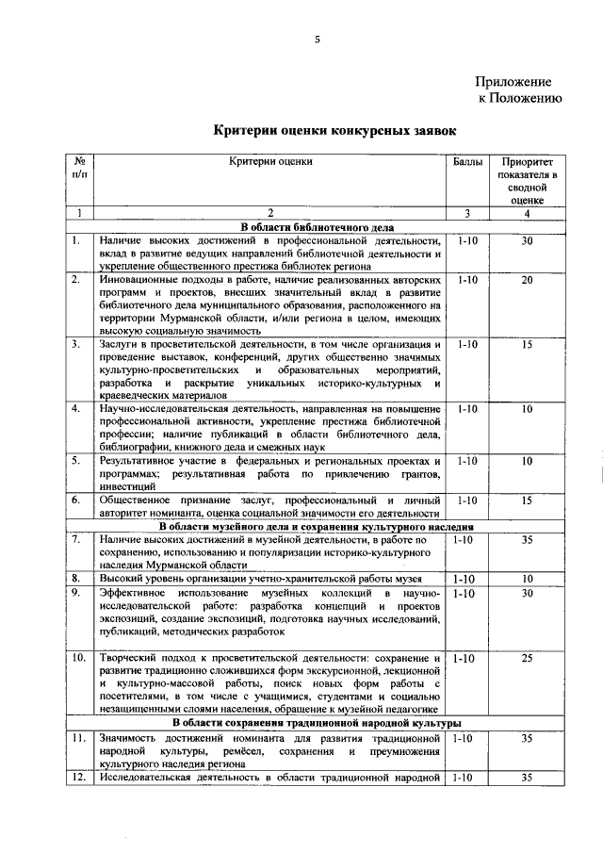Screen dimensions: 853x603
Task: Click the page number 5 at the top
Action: point(318,39)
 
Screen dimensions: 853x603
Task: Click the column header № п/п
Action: point(80,169)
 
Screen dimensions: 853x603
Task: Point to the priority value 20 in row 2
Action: point(527,281)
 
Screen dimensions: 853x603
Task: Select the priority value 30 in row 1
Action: point(527,241)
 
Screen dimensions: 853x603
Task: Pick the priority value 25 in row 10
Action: point(527,657)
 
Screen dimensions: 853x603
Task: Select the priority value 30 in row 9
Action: point(527,593)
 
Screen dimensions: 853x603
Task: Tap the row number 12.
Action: point(77,778)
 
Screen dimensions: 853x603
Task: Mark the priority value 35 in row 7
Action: point(527,540)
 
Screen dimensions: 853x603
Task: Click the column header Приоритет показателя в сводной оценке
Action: point(527,181)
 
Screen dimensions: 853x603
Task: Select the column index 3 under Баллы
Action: point(467,214)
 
